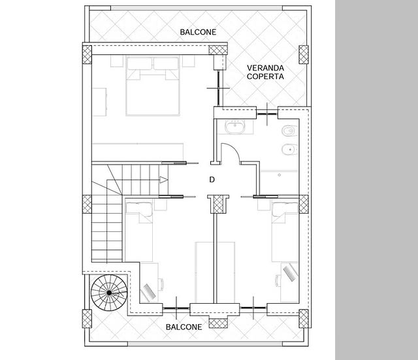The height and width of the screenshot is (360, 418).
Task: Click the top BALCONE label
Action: pyautogui.click(x=198, y=32)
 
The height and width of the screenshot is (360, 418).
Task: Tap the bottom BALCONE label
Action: pyautogui.click(x=184, y=327)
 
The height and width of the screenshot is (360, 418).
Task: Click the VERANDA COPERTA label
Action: pyautogui.click(x=265, y=73)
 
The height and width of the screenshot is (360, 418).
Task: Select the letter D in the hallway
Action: pyautogui.click(x=212, y=180)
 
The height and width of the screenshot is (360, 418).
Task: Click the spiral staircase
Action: pyautogui.click(x=109, y=293)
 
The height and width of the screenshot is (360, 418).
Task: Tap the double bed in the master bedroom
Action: pyautogui.click(x=152, y=86)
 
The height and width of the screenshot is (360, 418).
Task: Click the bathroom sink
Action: pyautogui.click(x=235, y=127)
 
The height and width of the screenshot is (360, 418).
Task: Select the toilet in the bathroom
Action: pyautogui.click(x=289, y=131)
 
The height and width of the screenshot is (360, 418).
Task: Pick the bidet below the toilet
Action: pyautogui.click(x=289, y=150)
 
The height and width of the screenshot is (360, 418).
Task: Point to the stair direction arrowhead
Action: pyautogui.click(x=164, y=180)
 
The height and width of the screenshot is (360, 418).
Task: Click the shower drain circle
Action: pyautogui.click(x=279, y=175)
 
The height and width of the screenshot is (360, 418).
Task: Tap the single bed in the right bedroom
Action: pyautogui.click(x=285, y=231)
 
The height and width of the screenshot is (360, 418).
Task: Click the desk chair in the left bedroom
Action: pyautogui.click(x=161, y=284)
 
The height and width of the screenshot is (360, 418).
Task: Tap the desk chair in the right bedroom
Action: pyautogui.click(x=278, y=281)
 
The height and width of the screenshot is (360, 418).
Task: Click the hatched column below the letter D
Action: pyautogui.click(x=218, y=205)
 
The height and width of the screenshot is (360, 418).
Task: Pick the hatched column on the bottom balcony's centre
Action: pyautogui.click(x=218, y=323)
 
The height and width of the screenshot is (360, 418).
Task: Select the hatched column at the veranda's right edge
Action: pyautogui.click(x=303, y=54)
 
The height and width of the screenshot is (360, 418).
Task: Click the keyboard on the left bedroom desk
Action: pyautogui.click(x=150, y=291)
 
